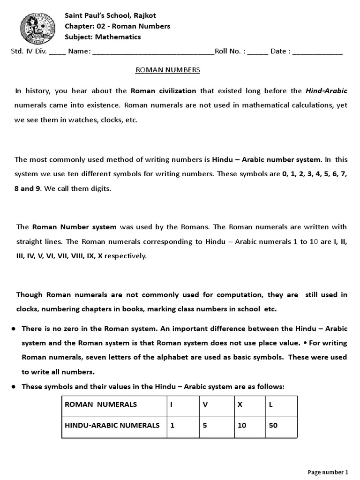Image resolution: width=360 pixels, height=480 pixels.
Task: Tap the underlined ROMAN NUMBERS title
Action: [167, 70]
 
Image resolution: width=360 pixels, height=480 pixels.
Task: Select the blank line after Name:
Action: [153, 52]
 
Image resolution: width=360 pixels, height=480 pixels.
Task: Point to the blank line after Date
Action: [317, 52]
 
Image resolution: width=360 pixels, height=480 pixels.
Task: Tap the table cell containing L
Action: [281, 405]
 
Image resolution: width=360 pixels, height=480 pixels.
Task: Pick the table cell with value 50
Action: [281, 426]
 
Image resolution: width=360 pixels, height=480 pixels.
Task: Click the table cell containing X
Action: [249, 405]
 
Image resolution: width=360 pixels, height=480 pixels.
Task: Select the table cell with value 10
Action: [249, 426]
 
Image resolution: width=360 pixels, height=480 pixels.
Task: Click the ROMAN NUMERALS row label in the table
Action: [101, 405]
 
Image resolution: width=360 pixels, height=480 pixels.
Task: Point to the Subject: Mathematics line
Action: [103, 37]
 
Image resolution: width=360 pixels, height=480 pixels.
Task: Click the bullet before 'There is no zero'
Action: [15, 329]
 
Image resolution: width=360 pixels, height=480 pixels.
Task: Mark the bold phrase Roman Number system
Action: [74, 227]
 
